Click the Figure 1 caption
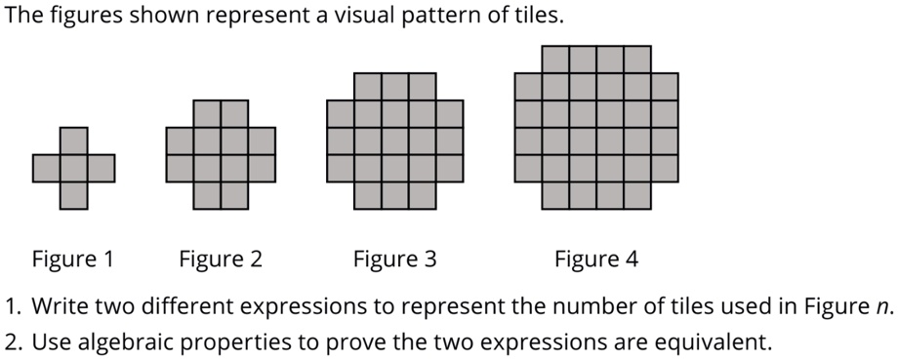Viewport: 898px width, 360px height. pyautogui.click(x=73, y=260)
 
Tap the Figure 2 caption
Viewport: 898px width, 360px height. pyautogui.click(x=221, y=260)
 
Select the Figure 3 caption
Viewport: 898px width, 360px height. pyautogui.click(x=395, y=260)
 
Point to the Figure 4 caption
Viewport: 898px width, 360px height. pyautogui.click(x=596, y=260)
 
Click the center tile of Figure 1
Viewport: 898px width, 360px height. pyautogui.click(x=73, y=168)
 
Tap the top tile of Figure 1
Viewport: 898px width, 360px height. pyautogui.click(x=73, y=140)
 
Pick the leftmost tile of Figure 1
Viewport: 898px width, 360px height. pyautogui.click(x=46, y=168)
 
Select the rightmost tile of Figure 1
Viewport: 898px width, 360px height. pyautogui.click(x=101, y=168)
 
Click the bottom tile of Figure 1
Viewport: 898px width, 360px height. pyautogui.click(x=73, y=195)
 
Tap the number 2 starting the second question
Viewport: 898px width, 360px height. pyautogui.click(x=12, y=342)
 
